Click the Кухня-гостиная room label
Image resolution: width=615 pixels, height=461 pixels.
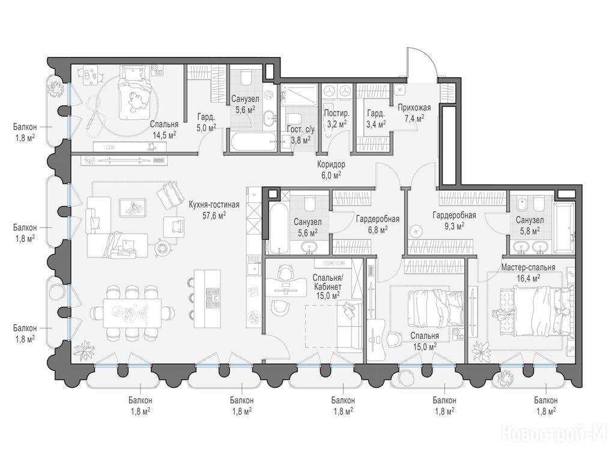coord(214,205)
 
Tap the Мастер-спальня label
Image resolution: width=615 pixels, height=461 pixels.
coord(528,267)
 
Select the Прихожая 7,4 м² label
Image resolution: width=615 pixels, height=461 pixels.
coord(414,112)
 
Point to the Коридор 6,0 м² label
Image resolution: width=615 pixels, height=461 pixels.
coord(331,170)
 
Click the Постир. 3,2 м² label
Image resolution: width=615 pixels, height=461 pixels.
coord(336,119)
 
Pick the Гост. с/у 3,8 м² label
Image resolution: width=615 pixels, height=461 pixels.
coord(300,134)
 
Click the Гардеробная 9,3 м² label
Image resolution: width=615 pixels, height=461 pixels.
coord(454,220)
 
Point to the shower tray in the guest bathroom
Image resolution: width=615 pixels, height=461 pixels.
coord(298,94)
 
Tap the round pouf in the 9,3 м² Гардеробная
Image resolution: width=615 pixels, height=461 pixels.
coord(416,231)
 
